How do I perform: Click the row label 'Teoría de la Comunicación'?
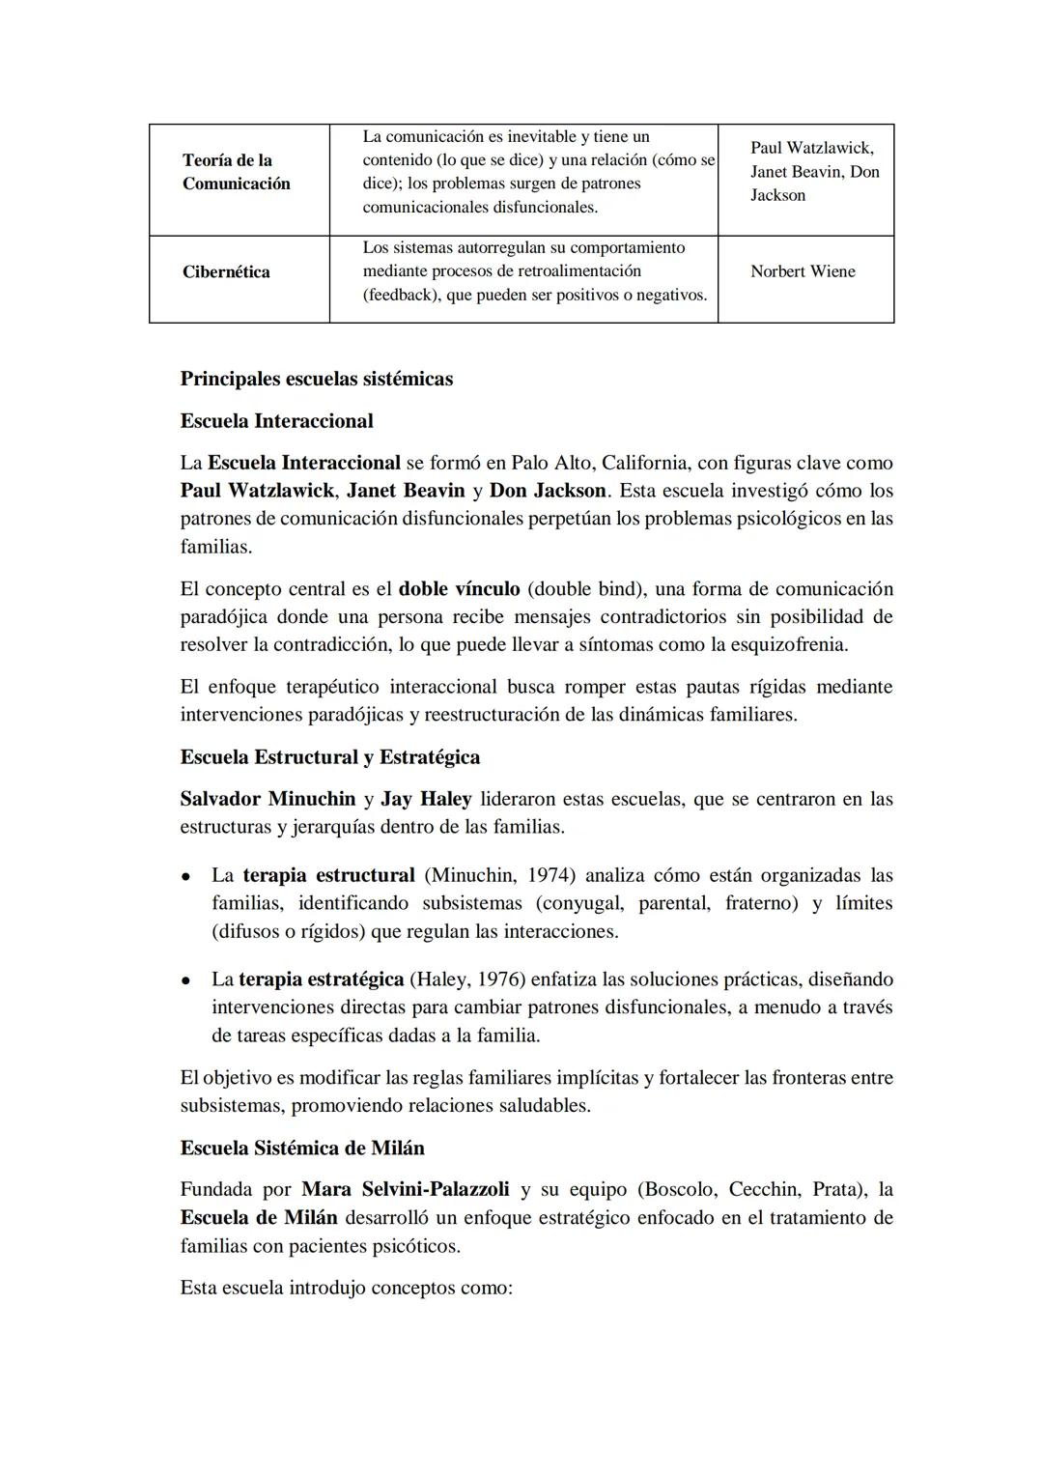click(236, 172)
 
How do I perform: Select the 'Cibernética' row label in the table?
click(226, 271)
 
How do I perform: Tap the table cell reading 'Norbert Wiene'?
click(803, 271)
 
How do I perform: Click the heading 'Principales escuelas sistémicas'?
click(316, 379)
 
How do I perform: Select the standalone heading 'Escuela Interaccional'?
click(276, 421)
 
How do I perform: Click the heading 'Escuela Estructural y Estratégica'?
click(329, 757)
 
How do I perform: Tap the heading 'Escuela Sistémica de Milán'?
click(302, 1149)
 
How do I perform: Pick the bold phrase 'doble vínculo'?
click(459, 589)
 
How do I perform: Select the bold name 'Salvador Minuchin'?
click(268, 799)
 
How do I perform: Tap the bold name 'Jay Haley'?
click(426, 799)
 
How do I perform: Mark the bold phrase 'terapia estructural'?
click(328, 875)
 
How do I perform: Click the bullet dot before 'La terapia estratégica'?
click(184, 980)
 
